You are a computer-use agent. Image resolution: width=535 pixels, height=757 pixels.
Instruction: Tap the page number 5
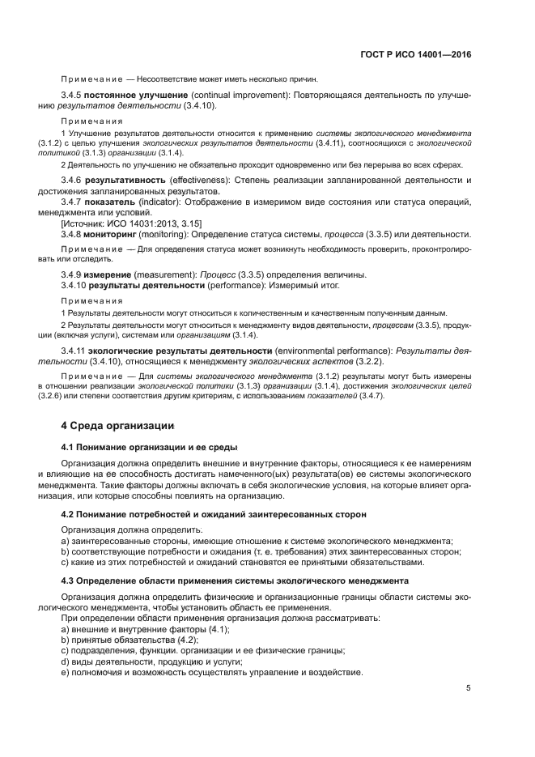[x=469, y=688]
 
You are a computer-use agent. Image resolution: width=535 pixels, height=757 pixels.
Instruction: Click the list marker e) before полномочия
[x=65, y=673]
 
